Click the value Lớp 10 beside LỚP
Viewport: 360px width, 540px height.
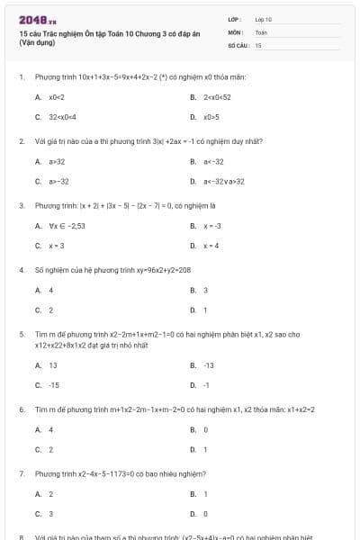(264, 19)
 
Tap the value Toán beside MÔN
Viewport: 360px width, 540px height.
(261, 31)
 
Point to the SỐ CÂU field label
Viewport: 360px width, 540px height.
(237, 44)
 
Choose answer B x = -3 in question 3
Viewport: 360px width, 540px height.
(212, 226)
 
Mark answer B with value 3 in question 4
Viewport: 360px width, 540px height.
(205, 290)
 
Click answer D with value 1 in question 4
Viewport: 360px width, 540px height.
(205, 310)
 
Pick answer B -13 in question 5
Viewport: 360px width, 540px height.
(208, 365)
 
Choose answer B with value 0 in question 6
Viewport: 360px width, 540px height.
(205, 429)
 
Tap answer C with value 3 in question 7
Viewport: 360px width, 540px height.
(50, 514)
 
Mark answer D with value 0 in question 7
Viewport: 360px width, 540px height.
(205, 514)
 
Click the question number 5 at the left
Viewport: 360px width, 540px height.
(21, 333)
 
